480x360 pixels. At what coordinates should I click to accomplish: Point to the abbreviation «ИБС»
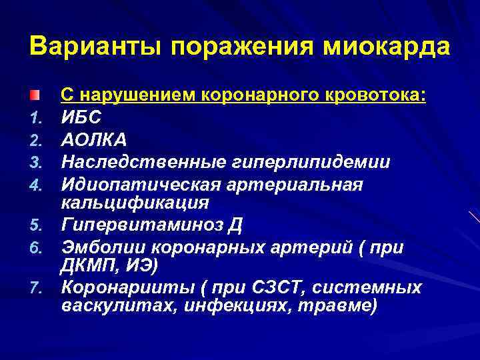tap(82, 118)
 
